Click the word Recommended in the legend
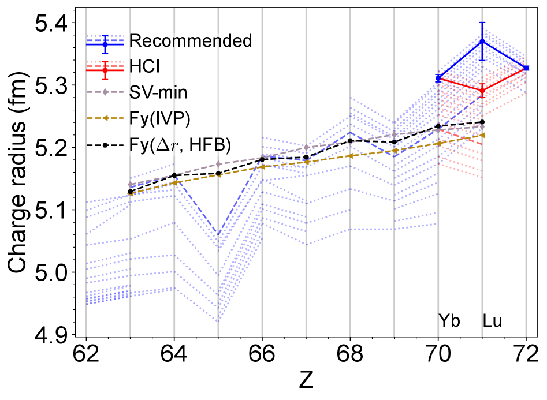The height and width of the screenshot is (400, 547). tap(191, 41)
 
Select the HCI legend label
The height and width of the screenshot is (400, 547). tap(144, 66)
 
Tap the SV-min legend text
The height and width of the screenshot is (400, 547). tap(158, 92)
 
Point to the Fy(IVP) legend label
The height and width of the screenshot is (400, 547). tap(160, 118)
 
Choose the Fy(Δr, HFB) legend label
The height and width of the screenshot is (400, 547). tap(180, 144)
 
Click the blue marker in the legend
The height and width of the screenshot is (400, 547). tap(105, 42)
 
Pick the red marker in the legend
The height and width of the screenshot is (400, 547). tap(105, 68)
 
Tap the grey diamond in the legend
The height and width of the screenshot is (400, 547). tap(105, 92)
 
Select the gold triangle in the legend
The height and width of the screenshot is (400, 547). tap(105, 118)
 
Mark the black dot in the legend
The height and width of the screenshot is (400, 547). tap(105, 145)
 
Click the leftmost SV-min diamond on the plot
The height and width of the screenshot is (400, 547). tap(132, 185)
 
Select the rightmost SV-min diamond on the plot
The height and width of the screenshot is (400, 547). tap(482, 127)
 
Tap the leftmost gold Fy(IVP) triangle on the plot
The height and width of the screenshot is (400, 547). tap(131, 194)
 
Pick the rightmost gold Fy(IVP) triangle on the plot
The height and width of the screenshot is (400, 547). tap(482, 135)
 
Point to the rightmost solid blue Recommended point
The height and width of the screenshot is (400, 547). tap(527, 68)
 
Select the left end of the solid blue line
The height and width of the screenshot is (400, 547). tap(438, 77)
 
